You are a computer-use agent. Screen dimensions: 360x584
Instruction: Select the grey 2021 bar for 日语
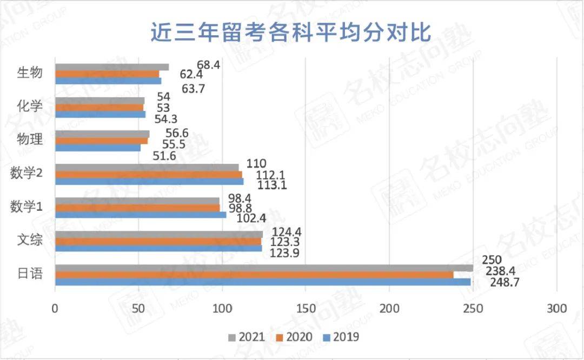[264, 268]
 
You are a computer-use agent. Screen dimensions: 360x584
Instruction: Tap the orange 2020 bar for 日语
[254, 275]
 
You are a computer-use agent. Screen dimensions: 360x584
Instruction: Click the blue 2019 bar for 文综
[158, 249]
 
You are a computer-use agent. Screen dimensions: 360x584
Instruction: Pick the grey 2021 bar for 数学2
[147, 168]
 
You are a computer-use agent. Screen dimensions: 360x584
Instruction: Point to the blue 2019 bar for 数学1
[141, 215]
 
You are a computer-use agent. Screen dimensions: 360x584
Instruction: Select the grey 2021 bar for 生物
[112, 67]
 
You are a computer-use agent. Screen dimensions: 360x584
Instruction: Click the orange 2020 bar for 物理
[101, 141]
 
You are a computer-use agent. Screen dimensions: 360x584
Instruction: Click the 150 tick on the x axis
[306, 309]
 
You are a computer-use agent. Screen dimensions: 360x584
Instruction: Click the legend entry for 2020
[293, 337]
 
